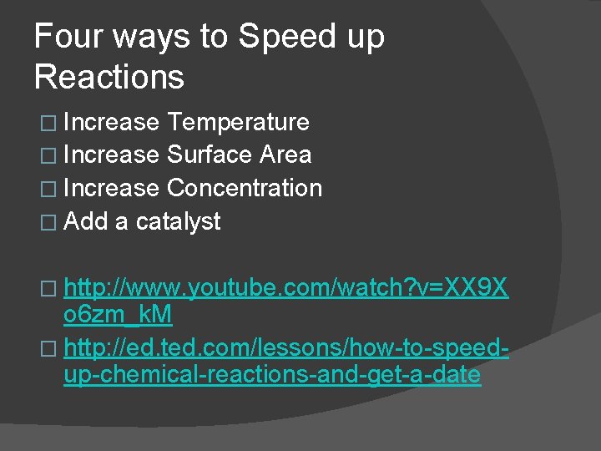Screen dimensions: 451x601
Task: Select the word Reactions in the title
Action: tap(109, 77)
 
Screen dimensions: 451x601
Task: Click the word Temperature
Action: tap(238, 122)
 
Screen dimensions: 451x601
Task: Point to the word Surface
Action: tap(210, 155)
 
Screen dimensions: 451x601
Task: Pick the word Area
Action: tap(285, 155)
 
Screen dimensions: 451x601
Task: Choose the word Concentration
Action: tap(245, 188)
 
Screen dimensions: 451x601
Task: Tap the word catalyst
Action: tap(178, 221)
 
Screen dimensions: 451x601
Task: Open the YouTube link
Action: tap(285, 289)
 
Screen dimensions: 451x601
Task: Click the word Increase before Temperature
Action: tap(111, 122)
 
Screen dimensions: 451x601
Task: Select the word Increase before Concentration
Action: tap(111, 188)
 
